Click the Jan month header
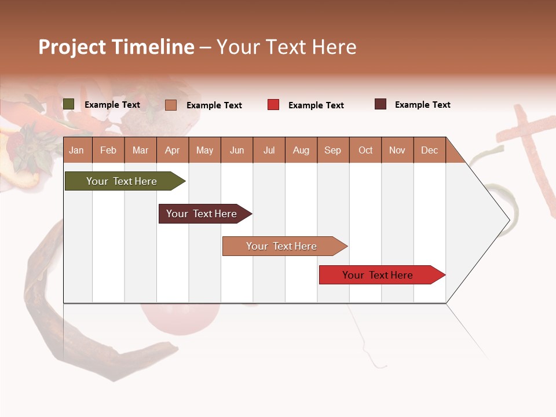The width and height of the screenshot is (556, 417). coord(77,150)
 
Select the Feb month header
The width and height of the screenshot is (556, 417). coord(108,150)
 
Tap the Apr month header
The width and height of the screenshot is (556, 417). coord(172,150)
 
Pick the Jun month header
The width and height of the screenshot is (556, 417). coord(236,150)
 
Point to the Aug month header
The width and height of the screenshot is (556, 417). coord(301,150)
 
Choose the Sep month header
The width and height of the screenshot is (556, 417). coord(332,150)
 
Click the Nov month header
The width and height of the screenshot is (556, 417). coord(397,150)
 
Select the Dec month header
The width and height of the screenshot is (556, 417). coord(429,150)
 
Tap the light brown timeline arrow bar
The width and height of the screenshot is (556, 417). coord(282,246)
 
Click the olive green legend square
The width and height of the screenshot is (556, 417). coord(68,104)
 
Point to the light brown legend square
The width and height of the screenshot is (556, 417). coord(170,105)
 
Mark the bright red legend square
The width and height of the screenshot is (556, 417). coord(273,105)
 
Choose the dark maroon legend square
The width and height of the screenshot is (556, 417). coord(380,104)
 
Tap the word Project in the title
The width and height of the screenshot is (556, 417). coord(72,47)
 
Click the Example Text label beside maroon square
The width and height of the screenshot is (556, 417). coord(422,105)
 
